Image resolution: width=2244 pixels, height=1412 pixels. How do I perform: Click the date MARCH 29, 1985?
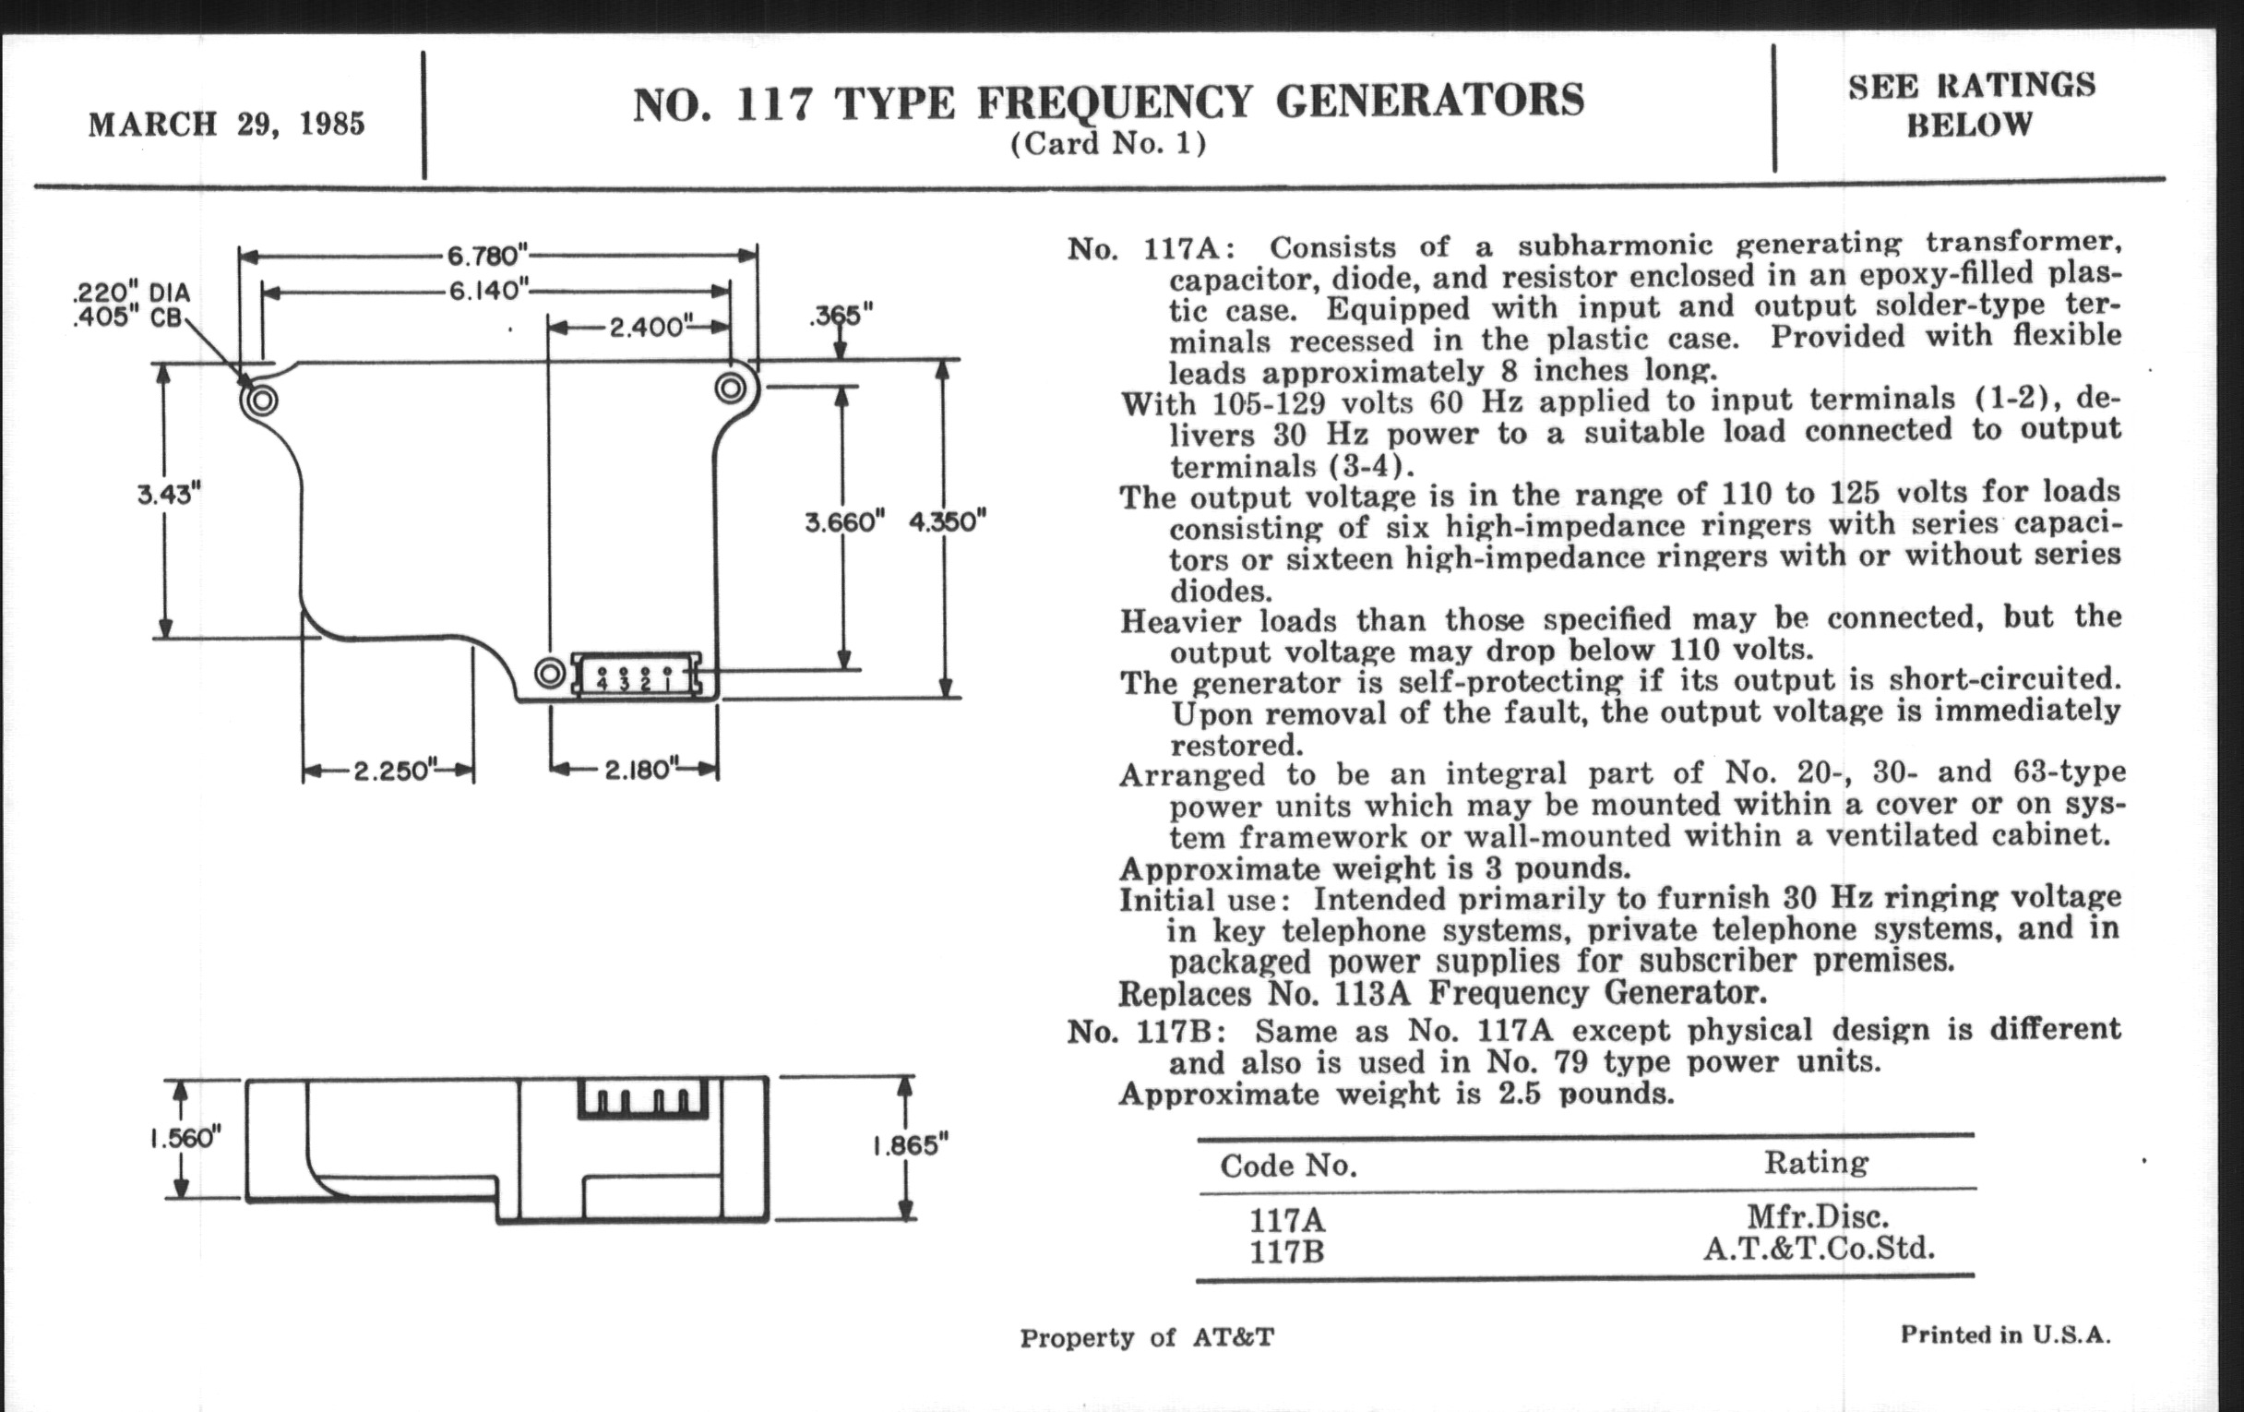coord(226,124)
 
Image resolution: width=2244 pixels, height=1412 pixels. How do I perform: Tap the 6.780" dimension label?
coord(486,255)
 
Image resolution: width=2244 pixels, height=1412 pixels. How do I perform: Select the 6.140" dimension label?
coord(488,291)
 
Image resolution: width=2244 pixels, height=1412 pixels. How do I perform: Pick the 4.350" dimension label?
coord(947,521)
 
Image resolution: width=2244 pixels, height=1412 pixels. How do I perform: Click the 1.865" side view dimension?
coord(910,1144)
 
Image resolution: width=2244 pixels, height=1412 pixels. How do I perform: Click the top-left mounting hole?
coord(262,401)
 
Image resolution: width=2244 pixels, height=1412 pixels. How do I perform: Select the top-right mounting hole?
coord(731,387)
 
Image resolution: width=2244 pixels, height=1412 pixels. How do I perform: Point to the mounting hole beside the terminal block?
coord(550,672)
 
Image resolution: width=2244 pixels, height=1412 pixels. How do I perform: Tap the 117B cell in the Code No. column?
coord(1286,1251)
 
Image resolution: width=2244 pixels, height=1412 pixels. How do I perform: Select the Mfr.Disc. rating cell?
coord(1817,1216)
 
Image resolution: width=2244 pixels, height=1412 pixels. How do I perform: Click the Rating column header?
coord(1815,1162)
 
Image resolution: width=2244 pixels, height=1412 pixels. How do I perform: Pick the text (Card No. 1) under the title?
coord(1108,145)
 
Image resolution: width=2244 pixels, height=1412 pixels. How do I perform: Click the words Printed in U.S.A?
coord(2005,1334)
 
